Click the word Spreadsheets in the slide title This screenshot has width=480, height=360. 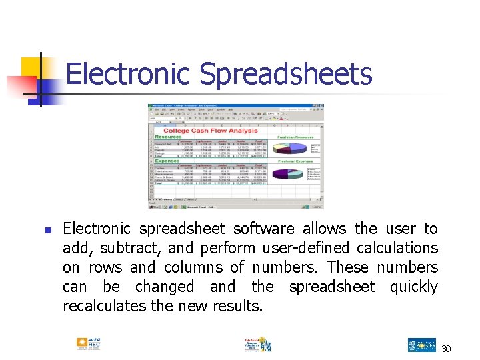[286, 75]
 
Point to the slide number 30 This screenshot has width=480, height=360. [447, 348]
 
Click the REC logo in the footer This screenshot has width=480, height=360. [88, 344]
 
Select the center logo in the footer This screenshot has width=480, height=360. [256, 345]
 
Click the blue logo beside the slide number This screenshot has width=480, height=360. [421, 345]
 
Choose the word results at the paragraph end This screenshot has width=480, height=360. [237, 306]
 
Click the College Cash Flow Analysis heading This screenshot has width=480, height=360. [210, 131]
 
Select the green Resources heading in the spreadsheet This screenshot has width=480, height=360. [168, 136]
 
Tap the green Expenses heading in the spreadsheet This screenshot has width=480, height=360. [167, 161]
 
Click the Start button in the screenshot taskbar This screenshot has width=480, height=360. [154, 207]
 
